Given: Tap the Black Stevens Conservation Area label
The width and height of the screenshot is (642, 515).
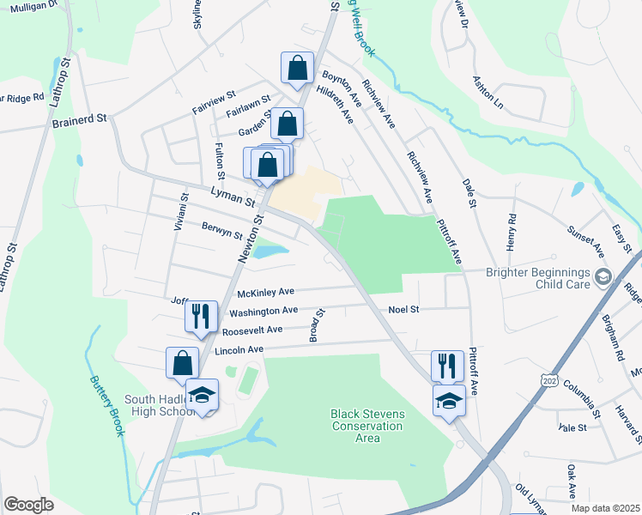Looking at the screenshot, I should [x=367, y=426].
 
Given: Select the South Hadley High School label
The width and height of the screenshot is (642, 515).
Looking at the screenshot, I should [x=161, y=405].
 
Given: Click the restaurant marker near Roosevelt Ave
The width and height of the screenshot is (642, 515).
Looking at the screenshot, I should [x=198, y=315].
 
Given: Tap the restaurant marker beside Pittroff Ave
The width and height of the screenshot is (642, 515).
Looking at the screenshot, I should [x=447, y=365].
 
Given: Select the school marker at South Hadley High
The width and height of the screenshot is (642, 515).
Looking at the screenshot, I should [x=202, y=395].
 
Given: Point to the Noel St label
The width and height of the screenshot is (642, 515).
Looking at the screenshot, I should [x=403, y=309].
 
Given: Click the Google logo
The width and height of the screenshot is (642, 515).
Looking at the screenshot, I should [x=29, y=505].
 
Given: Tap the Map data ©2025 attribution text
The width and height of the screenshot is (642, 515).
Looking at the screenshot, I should [x=605, y=508].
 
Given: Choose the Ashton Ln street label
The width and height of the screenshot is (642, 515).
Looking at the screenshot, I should [x=487, y=91].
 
